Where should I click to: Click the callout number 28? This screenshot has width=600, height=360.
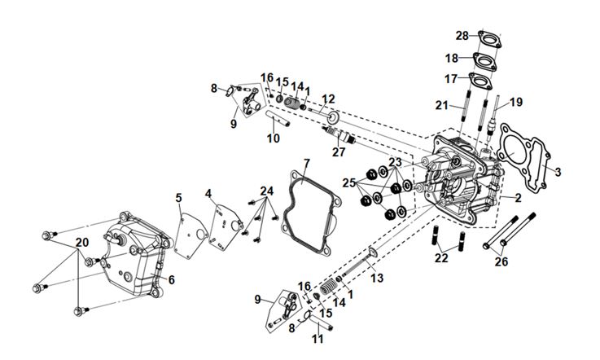(462, 36)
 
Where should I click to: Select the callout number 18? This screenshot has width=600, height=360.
(452, 59)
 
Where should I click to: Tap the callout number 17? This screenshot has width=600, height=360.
(452, 79)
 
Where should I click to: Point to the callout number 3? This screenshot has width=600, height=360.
(558, 172)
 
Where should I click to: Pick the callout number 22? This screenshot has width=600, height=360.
(441, 258)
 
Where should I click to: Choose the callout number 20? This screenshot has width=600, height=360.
(81, 242)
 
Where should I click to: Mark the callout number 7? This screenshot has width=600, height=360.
(307, 165)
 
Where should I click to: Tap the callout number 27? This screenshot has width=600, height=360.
(339, 151)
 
